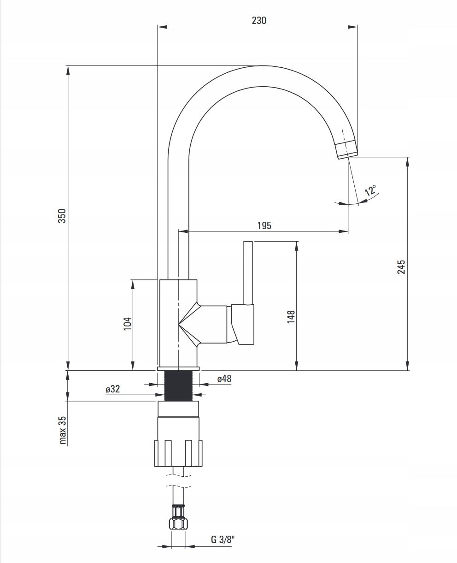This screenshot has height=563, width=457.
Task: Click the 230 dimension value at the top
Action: click(x=259, y=20)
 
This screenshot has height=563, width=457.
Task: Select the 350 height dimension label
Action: click(x=62, y=216)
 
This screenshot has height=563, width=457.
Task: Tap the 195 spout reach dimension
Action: click(x=264, y=225)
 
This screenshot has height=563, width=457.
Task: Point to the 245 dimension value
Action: click(x=401, y=267)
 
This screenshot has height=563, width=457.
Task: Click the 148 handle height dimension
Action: click(x=291, y=317)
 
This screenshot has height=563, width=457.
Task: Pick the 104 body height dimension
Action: click(x=128, y=323)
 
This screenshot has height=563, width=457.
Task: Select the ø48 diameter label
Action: click(x=224, y=379)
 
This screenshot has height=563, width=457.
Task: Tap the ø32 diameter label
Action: click(x=112, y=389)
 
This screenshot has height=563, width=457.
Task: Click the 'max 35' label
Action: click(x=63, y=430)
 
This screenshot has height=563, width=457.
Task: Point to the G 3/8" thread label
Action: click(x=223, y=539)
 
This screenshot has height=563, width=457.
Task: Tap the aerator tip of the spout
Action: click(x=347, y=149)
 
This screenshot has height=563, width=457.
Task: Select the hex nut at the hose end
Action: click(x=178, y=524)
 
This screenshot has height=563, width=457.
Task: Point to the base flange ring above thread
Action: click(x=178, y=369)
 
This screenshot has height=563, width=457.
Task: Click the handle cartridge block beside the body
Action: click(x=243, y=325)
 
